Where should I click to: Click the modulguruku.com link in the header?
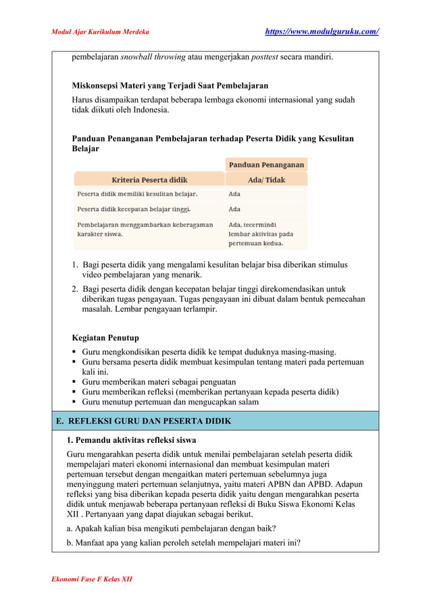click(x=322, y=32)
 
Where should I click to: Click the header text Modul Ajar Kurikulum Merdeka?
click(x=101, y=32)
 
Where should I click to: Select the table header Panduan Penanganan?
click(x=266, y=164)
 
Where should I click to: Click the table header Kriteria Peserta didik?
click(x=149, y=180)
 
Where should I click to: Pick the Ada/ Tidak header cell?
click(x=266, y=180)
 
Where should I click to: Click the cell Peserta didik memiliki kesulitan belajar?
click(x=132, y=194)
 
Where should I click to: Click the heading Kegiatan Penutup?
click(x=105, y=338)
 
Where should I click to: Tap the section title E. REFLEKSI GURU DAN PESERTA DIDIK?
click(x=144, y=421)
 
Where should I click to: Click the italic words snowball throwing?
click(x=153, y=57)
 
